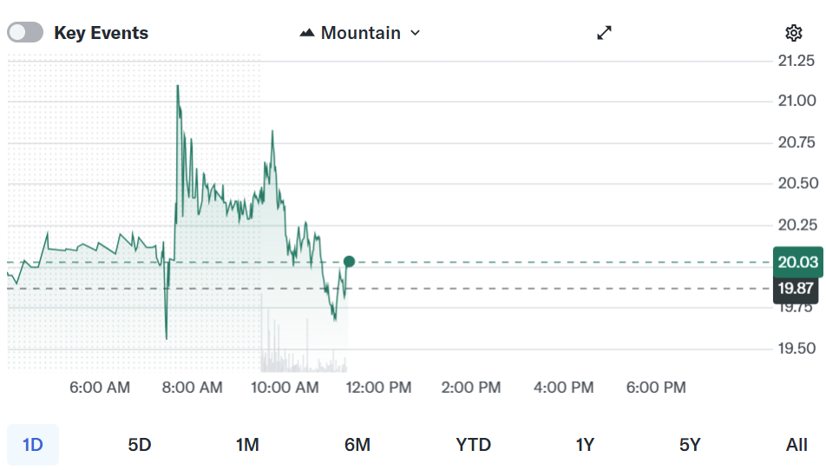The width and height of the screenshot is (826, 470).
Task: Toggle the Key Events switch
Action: [25, 33]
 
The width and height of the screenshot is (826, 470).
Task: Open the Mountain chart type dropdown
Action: [360, 33]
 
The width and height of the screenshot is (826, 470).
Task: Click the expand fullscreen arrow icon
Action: [605, 33]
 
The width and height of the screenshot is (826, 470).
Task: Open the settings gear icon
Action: [793, 33]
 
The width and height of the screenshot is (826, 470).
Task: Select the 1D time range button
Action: [33, 445]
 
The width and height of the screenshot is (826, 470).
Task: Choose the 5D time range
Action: [140, 445]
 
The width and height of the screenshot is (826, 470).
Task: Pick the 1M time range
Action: [247, 445]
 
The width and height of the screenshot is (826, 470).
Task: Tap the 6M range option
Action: [357, 445]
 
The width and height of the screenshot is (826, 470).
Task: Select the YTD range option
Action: [473, 445]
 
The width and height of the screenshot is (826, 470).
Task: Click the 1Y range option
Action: [585, 445]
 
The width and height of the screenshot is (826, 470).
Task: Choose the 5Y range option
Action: [690, 445]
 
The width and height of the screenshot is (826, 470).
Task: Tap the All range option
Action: [796, 445]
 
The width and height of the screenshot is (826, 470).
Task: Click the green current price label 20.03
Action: [797, 262]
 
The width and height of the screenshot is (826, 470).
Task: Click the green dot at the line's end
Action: [349, 262]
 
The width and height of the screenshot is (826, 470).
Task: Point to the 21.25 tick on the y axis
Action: [796, 61]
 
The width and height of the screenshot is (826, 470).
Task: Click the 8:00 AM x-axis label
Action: [193, 388]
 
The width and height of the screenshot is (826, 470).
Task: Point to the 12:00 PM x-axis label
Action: [377, 388]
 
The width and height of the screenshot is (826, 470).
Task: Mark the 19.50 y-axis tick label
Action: [796, 349]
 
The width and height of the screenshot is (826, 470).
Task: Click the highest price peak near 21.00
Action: [178, 86]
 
